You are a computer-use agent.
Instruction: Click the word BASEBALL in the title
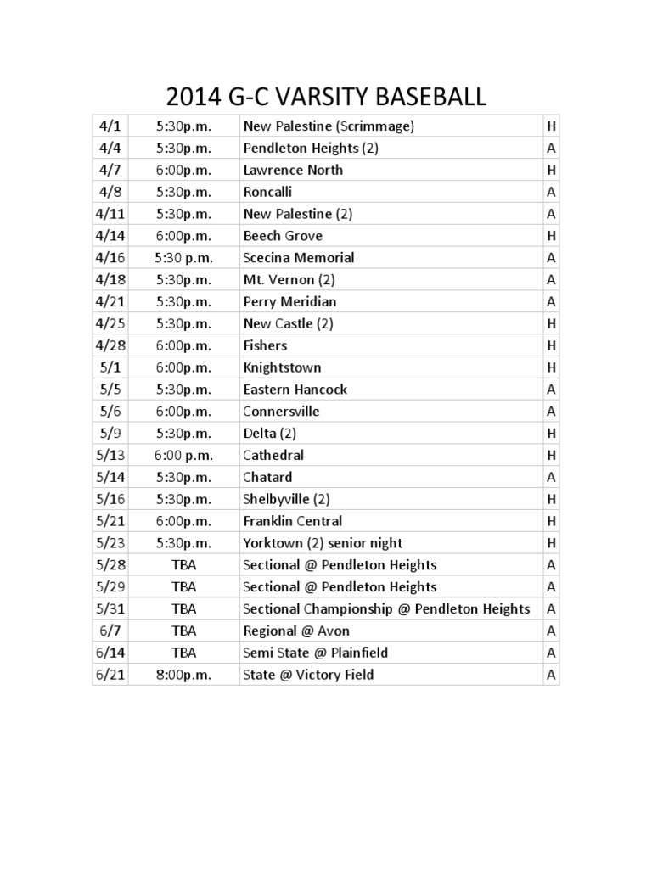432,97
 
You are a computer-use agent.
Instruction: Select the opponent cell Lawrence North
293,170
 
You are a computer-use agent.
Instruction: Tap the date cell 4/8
110,192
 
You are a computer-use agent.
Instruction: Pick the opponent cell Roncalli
267,192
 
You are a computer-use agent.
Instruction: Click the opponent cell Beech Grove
283,236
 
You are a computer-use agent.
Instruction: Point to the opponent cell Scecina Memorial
299,258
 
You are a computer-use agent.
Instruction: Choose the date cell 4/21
110,301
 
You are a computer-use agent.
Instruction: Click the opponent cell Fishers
265,345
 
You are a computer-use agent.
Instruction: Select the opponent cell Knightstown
282,367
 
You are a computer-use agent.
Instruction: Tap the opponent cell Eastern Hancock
295,390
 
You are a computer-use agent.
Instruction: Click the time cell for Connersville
183,412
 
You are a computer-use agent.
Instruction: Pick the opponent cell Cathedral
273,455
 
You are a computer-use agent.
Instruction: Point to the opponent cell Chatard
267,477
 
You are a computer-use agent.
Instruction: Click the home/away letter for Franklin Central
552,521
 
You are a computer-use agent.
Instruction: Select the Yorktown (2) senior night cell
323,543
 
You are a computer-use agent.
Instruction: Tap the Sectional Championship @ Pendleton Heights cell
386,608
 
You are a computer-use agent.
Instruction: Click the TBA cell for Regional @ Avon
183,631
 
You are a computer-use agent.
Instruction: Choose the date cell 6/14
110,653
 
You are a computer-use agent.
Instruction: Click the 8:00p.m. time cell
183,675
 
